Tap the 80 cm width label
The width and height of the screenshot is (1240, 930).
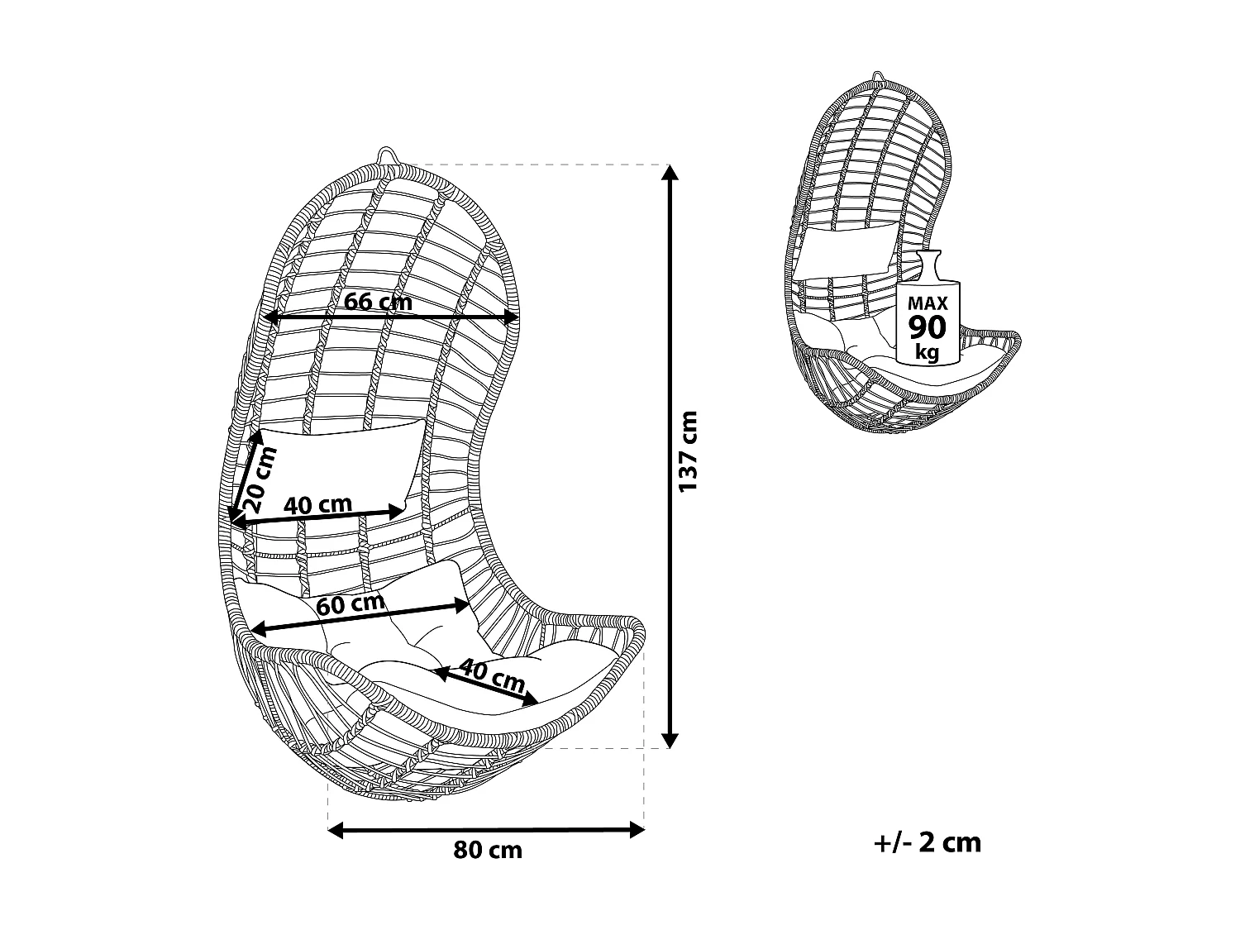coord(488,850)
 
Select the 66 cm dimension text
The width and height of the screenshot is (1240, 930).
coord(378,302)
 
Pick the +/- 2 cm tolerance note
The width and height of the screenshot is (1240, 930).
coord(927,842)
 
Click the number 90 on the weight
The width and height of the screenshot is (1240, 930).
coord(927,327)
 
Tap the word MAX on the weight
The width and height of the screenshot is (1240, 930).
coord(927,303)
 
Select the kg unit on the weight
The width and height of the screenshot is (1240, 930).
coord(927,352)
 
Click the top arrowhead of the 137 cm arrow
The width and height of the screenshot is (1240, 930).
coord(671,172)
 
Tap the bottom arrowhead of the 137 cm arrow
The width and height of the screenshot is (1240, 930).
coord(671,740)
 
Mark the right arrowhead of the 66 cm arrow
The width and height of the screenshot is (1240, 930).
coord(513,317)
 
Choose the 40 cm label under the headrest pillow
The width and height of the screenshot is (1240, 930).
coord(318,504)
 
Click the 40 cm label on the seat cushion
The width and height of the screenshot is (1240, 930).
coord(492,675)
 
